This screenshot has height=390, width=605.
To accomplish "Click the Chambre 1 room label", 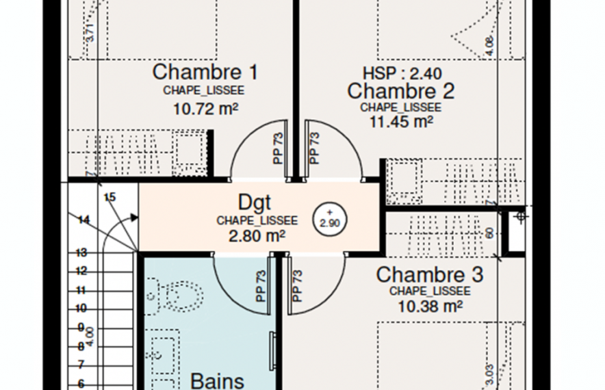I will point(205,72).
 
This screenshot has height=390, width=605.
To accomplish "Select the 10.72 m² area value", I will point(205,107).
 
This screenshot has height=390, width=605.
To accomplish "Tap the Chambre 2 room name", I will point(400,90).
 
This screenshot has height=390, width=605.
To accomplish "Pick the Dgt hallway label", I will point(255,203).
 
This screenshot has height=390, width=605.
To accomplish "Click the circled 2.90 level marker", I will point(330,219).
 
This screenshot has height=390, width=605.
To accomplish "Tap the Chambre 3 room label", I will point(429,274).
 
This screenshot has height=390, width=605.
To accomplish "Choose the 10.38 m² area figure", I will point(430,306).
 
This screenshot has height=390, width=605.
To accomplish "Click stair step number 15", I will point(110,198).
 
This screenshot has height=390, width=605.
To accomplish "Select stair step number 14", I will point(84,220).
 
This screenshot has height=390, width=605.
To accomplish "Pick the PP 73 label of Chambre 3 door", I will point(298,286).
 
